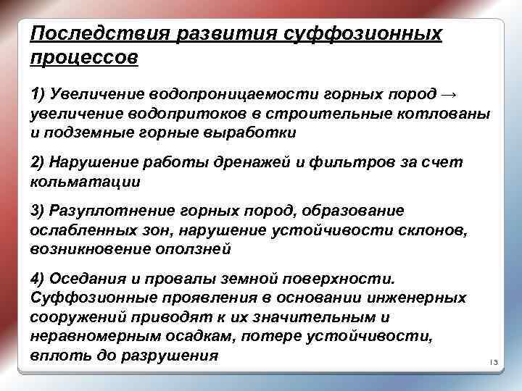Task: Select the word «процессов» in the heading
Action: (83, 58)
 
